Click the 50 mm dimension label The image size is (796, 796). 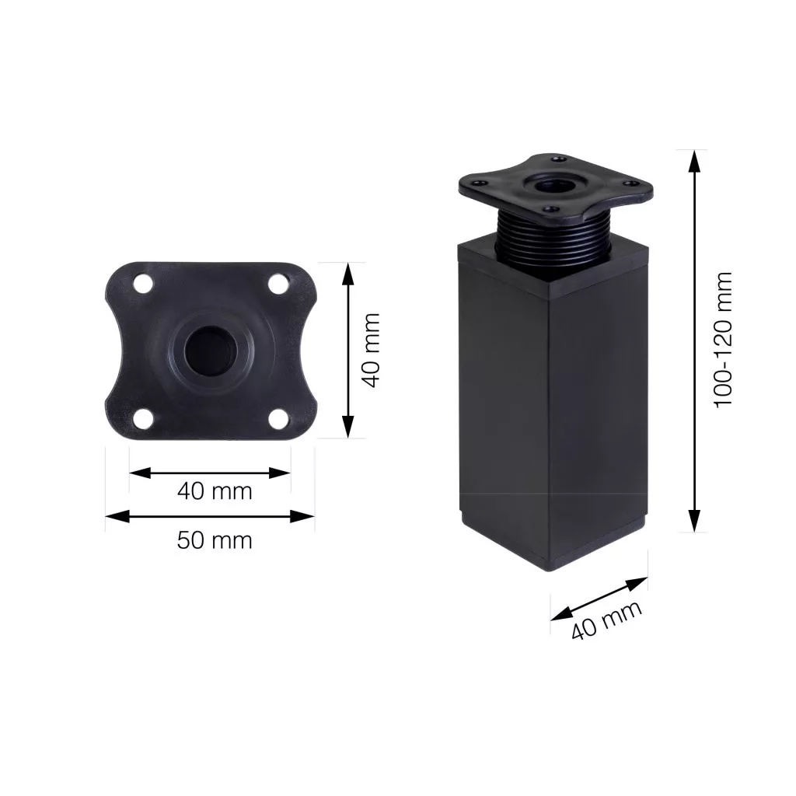pos(215,540)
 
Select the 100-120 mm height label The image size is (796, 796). pos(724,340)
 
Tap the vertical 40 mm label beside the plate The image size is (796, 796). pos(372,351)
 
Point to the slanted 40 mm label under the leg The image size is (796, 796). pos(606,620)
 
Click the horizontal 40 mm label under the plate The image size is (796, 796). pos(215,491)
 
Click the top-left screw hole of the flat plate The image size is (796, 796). pos(144,284)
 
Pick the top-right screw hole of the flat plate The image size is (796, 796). pos(278,284)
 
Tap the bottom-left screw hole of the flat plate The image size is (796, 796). pos(144,418)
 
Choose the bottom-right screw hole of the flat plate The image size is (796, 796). pos(278,418)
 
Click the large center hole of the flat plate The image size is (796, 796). pos(210,351)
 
